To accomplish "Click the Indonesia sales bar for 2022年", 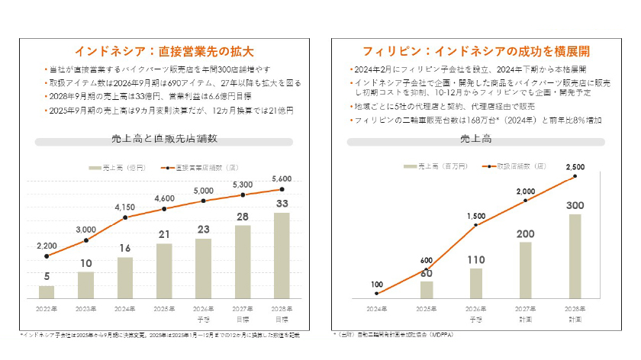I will coord(47,291).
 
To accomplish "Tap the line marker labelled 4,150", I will coord(125,218).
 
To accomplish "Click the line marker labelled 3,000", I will coord(86,240).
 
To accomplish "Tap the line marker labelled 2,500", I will coord(575,177).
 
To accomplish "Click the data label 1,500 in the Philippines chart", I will coord(476,216).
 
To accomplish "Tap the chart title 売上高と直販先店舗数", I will coord(164,139).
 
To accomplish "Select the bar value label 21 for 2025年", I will coord(164,234).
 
